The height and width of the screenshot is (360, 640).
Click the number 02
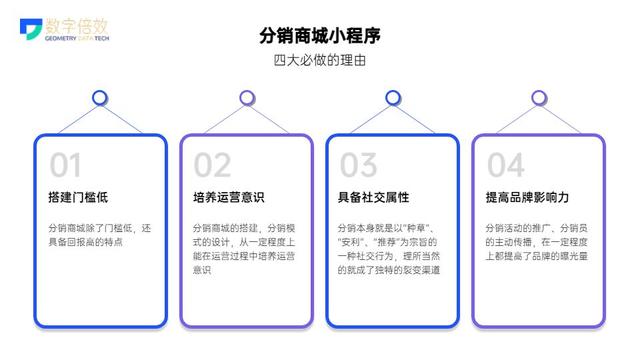212,164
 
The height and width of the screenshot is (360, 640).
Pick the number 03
358,164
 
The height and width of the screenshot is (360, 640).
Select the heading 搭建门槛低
81,196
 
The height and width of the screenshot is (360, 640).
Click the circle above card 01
100,98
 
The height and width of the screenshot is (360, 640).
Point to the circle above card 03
393,98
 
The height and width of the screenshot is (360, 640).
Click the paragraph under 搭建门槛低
100,235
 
